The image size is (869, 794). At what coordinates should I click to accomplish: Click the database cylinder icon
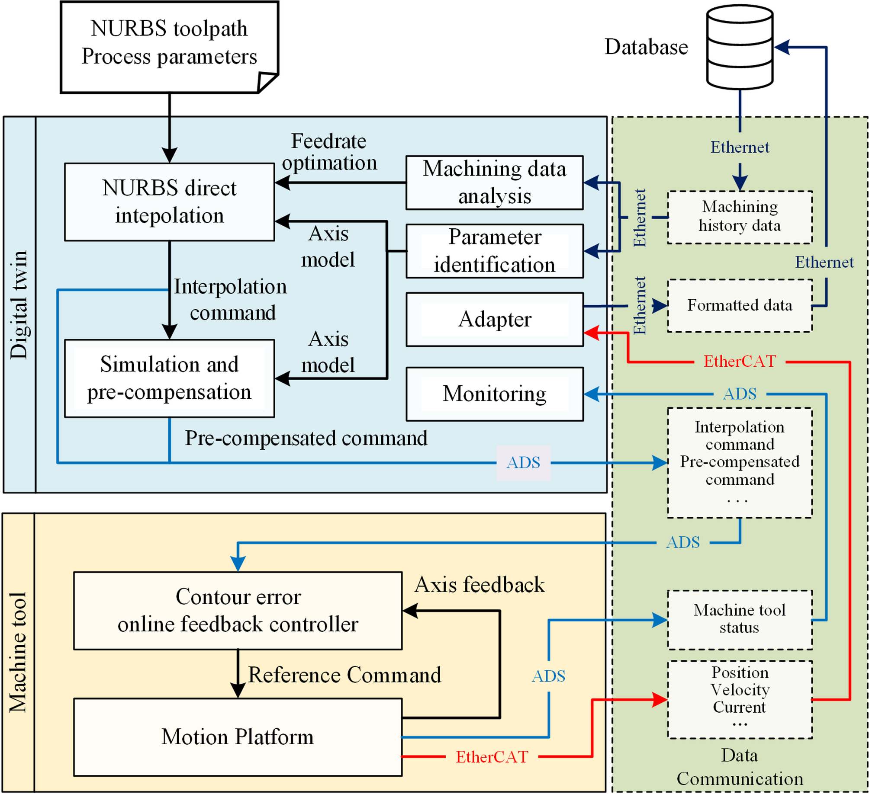click(740, 47)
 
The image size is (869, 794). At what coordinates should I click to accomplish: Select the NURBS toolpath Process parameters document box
click(169, 47)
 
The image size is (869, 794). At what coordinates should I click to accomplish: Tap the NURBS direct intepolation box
click(169, 202)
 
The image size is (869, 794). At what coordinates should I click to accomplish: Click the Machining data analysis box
click(494, 182)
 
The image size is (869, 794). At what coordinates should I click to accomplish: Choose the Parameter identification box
click(494, 251)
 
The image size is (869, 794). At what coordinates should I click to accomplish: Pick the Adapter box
click(494, 320)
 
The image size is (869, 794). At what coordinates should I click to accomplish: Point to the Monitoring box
click(494, 394)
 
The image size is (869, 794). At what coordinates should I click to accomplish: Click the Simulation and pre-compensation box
click(169, 378)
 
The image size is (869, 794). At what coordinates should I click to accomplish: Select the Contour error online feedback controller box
click(238, 610)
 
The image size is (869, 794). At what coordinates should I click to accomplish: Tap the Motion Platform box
click(238, 736)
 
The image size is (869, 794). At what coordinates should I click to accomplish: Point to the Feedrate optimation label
click(329, 152)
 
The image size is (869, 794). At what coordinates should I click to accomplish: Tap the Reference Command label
click(344, 675)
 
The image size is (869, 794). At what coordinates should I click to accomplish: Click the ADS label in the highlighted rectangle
click(523, 463)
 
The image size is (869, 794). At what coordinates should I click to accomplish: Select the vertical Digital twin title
click(19, 304)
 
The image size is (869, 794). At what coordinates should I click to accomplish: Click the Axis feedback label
click(479, 585)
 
